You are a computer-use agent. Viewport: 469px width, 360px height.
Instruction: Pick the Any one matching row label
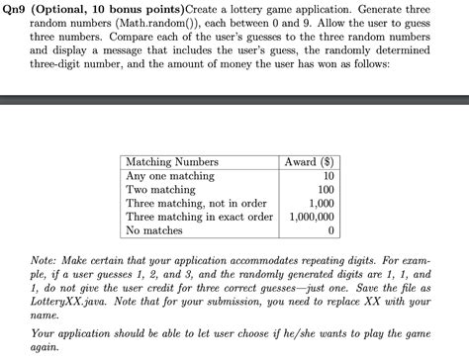pyautogui.click(x=170, y=175)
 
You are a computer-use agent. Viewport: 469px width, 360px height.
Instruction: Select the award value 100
pyautogui.click(x=326, y=189)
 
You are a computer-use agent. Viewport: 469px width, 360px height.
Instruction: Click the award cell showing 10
pyautogui.click(x=328, y=175)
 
